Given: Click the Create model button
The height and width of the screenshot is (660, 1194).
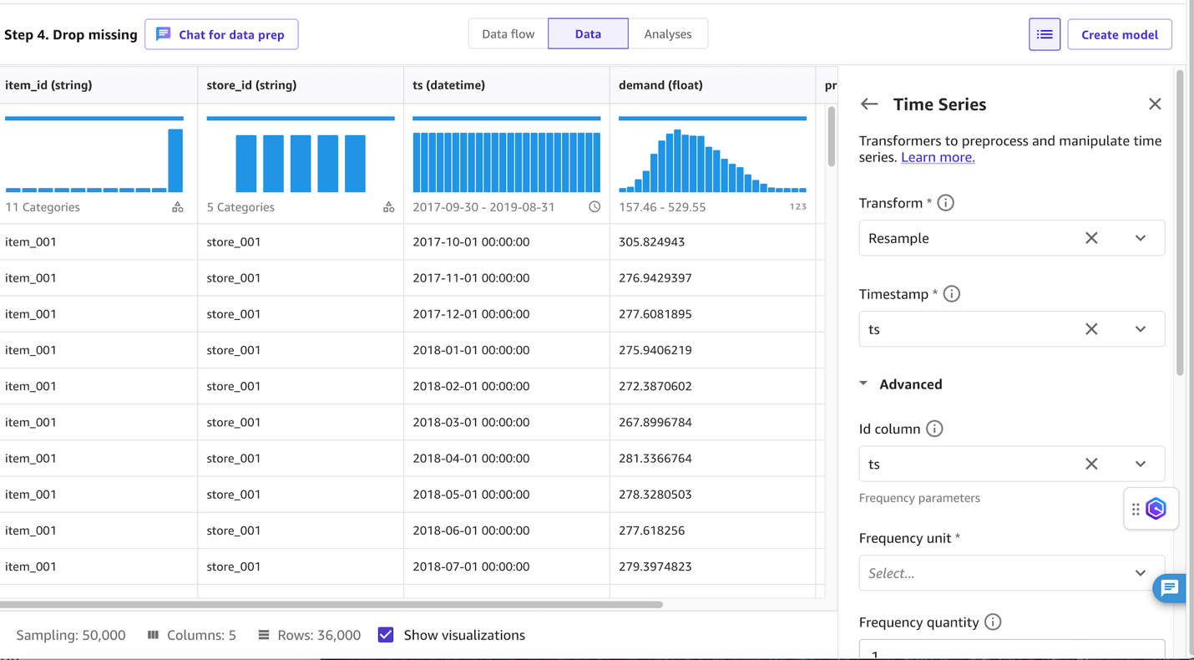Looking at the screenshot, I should coord(1119,34).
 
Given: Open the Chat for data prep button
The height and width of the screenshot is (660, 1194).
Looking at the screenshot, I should coord(221,34).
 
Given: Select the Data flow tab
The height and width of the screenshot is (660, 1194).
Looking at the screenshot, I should coord(508,34).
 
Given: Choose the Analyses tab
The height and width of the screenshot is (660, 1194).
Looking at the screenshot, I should coord(667,34).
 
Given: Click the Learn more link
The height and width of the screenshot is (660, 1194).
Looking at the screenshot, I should coord(938,157).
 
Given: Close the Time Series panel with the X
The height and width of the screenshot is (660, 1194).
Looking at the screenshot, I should coord(1155,104).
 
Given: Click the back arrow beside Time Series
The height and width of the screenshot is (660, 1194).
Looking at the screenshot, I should coord(869,104).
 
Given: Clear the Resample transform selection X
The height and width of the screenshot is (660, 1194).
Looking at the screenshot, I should coord(1091,238).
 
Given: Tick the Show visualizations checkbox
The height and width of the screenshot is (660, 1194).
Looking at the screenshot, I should coord(386,635).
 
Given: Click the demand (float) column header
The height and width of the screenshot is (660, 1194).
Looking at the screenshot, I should coord(660,85).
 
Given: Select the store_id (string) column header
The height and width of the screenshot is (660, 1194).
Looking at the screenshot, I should coord(251,85).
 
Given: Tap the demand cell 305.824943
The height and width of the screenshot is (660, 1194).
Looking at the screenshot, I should coord(651,242).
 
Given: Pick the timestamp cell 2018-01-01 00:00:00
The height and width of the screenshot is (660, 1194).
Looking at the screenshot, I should coord(471,350).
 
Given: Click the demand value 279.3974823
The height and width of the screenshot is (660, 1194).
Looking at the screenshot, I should coord(655,566).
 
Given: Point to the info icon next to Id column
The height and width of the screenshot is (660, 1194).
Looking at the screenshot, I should coord(934,429).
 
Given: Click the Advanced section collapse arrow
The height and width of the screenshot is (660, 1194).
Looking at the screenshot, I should coord(863,384).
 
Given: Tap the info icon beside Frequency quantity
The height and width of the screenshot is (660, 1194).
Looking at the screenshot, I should coord(993,622).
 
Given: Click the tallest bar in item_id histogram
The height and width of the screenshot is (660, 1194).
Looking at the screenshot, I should coord(175,160).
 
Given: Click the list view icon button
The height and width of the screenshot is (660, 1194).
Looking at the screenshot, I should coord(1044,34).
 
